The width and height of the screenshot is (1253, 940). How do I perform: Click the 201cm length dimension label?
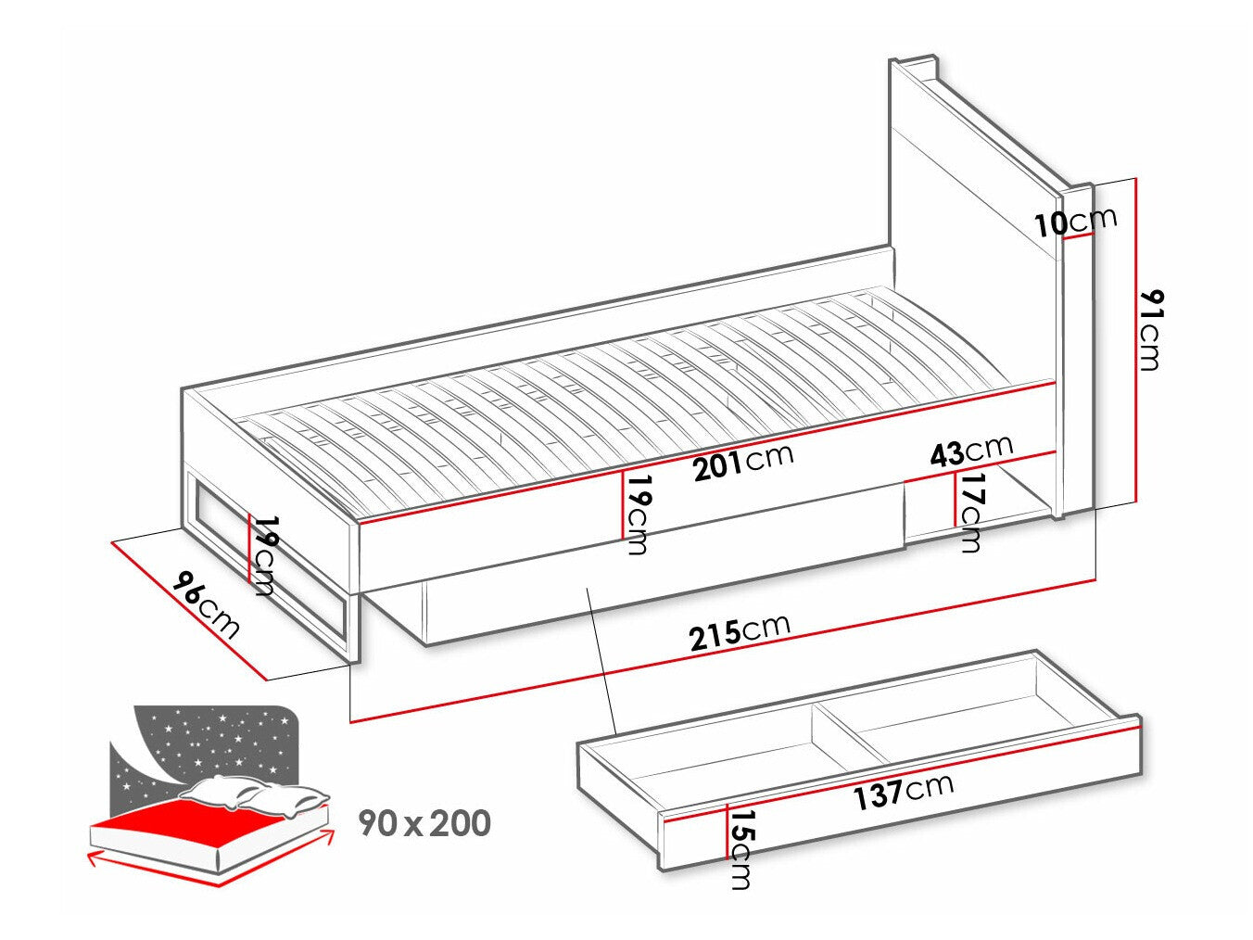(x=743, y=462)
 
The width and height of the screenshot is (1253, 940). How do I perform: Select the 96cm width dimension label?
(x=206, y=606)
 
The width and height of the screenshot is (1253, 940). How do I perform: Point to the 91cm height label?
(x=1149, y=329)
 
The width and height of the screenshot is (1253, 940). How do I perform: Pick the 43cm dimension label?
(x=971, y=451)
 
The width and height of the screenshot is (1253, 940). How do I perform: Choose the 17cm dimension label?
(x=970, y=512)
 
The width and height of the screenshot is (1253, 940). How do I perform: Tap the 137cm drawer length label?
(x=904, y=791)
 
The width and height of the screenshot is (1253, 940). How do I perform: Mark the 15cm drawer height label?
(x=740, y=848)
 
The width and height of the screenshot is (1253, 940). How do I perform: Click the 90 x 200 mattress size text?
(x=425, y=822)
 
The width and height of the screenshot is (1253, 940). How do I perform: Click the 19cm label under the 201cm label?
(x=637, y=514)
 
